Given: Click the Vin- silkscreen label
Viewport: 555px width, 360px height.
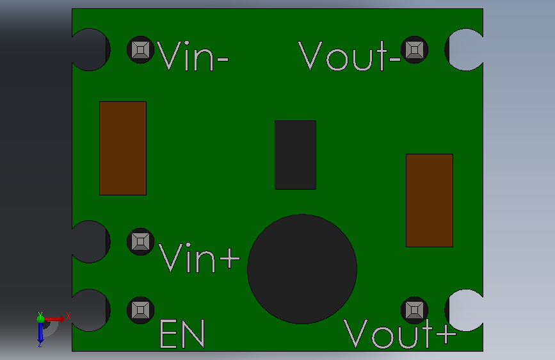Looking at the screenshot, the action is pos(193,56).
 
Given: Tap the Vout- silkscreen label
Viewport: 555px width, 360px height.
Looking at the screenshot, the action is pos(350,56).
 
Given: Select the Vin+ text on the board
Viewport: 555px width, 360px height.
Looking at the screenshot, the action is pos(199,258).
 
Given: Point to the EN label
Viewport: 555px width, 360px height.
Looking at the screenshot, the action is pos(182,333).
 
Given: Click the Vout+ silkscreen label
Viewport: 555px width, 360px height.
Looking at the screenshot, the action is pos(399,333).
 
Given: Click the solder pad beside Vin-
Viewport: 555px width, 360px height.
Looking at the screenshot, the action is pos(141,49).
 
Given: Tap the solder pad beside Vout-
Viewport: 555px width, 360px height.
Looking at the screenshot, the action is pos(414,49).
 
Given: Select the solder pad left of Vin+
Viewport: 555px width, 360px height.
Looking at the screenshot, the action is pos(141,241).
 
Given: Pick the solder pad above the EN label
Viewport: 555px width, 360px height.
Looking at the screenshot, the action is pos(141,310).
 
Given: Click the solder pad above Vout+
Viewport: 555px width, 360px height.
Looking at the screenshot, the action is pos(414,310).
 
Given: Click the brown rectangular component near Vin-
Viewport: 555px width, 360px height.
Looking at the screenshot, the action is pos(123,148).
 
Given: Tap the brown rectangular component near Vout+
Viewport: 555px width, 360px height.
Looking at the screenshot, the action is pos(430,200).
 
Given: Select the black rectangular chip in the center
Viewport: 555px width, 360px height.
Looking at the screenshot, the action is pos(295,155).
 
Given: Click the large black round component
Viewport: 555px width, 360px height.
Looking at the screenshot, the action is pos(302,269).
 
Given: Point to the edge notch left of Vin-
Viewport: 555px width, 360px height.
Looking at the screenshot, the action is pos(91,49).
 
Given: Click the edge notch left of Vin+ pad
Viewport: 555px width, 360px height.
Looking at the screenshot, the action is pos(91,241).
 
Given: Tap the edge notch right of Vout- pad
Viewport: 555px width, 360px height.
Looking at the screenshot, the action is pos(464,49).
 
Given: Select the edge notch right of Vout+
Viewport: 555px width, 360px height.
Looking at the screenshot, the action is pos(464,311).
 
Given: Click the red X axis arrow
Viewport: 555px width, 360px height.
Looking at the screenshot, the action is pos(54,319).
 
